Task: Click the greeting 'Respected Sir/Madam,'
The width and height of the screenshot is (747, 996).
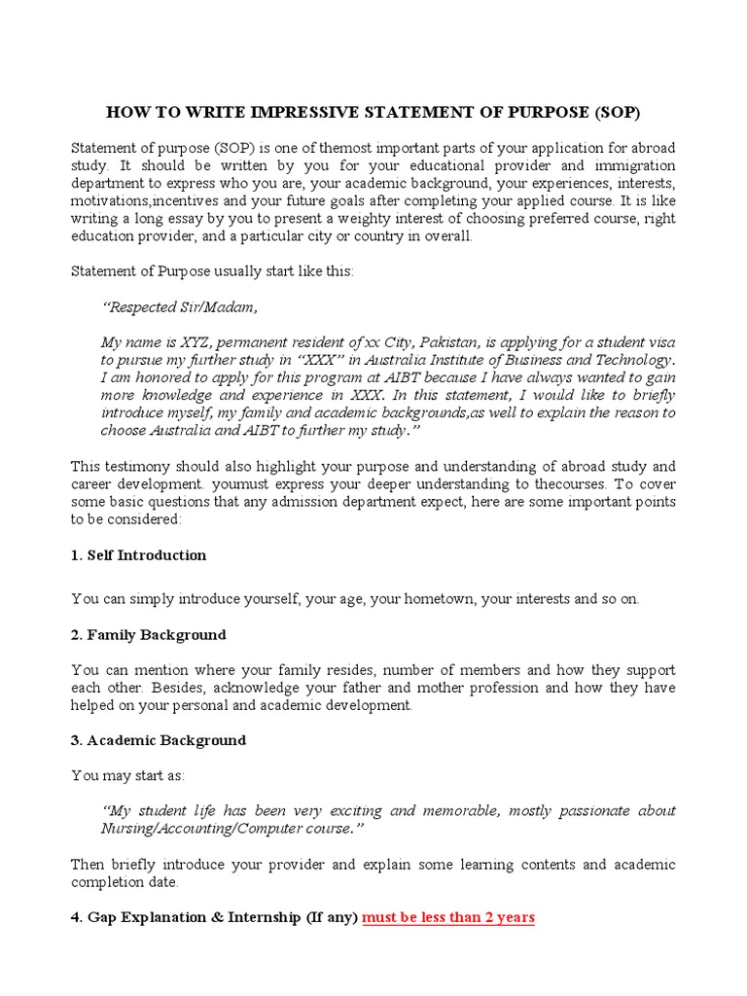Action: tap(180, 307)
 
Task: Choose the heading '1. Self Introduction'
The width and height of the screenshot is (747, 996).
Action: tap(139, 555)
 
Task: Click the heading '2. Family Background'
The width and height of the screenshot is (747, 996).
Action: tap(149, 635)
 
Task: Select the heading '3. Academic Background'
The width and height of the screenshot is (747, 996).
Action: tap(159, 740)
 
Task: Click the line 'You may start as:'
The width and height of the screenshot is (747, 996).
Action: tap(127, 775)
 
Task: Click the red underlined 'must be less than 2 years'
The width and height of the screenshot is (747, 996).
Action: tap(448, 917)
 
